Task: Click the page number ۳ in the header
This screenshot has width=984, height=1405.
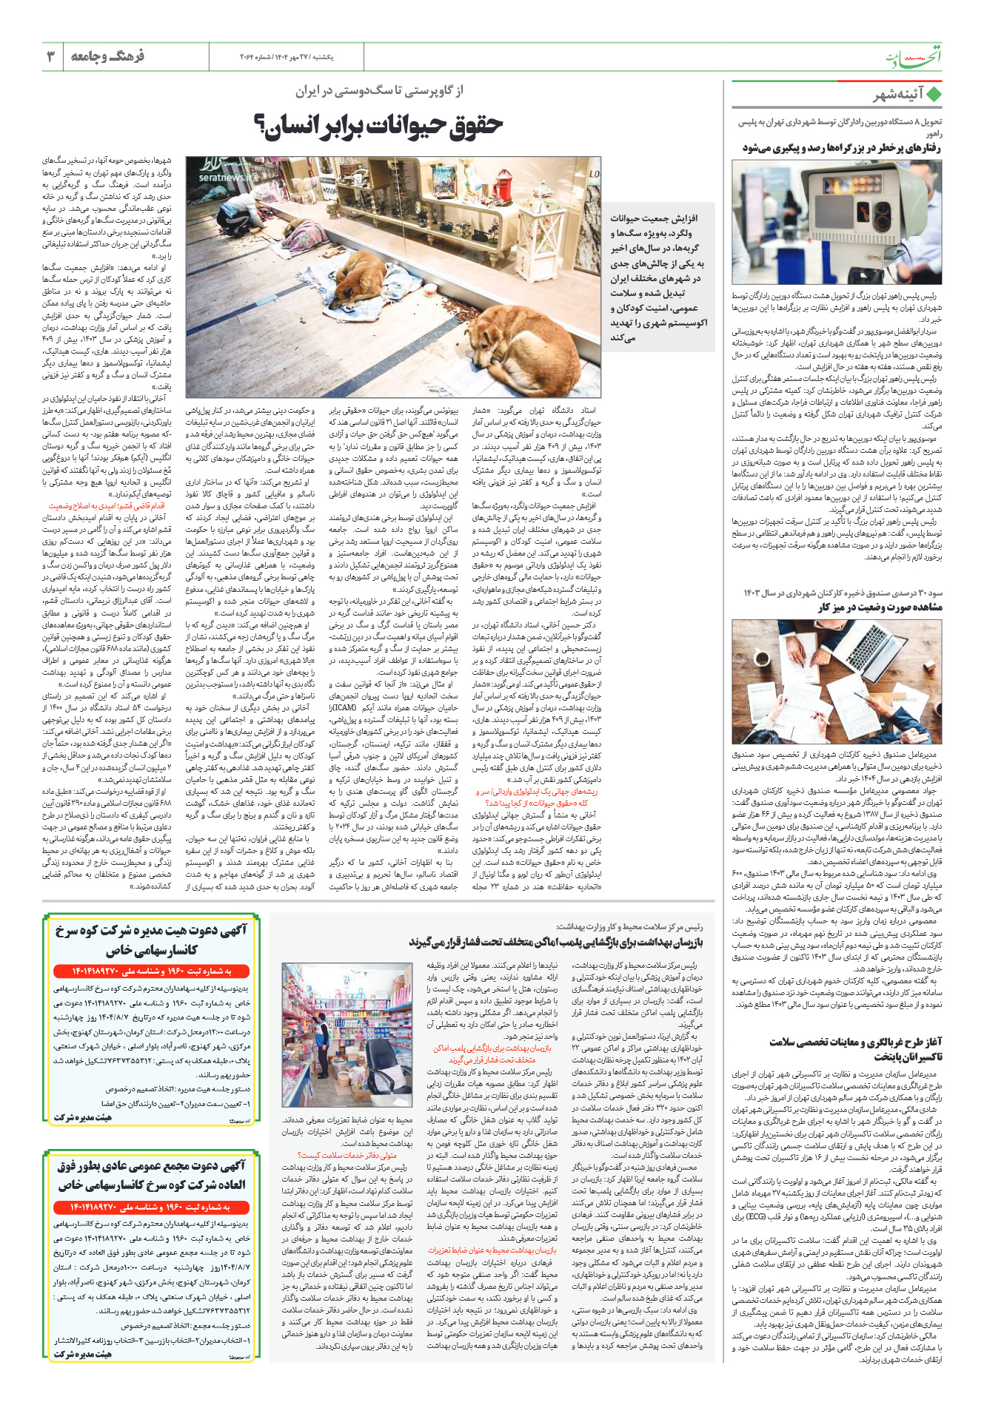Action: click(51, 56)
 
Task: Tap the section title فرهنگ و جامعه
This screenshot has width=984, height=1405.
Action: click(107, 56)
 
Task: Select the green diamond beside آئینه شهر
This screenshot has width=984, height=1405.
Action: click(934, 95)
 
